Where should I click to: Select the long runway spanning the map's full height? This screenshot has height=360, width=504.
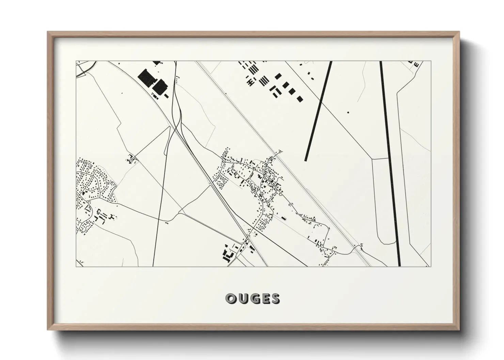click(390, 163)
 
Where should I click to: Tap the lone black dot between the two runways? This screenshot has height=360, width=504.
click(348, 112)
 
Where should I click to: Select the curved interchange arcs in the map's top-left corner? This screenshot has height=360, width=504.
click(83, 68)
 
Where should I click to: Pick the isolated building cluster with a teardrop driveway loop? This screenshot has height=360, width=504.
click(131, 159)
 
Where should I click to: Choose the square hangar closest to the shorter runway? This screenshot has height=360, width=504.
click(300, 99)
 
